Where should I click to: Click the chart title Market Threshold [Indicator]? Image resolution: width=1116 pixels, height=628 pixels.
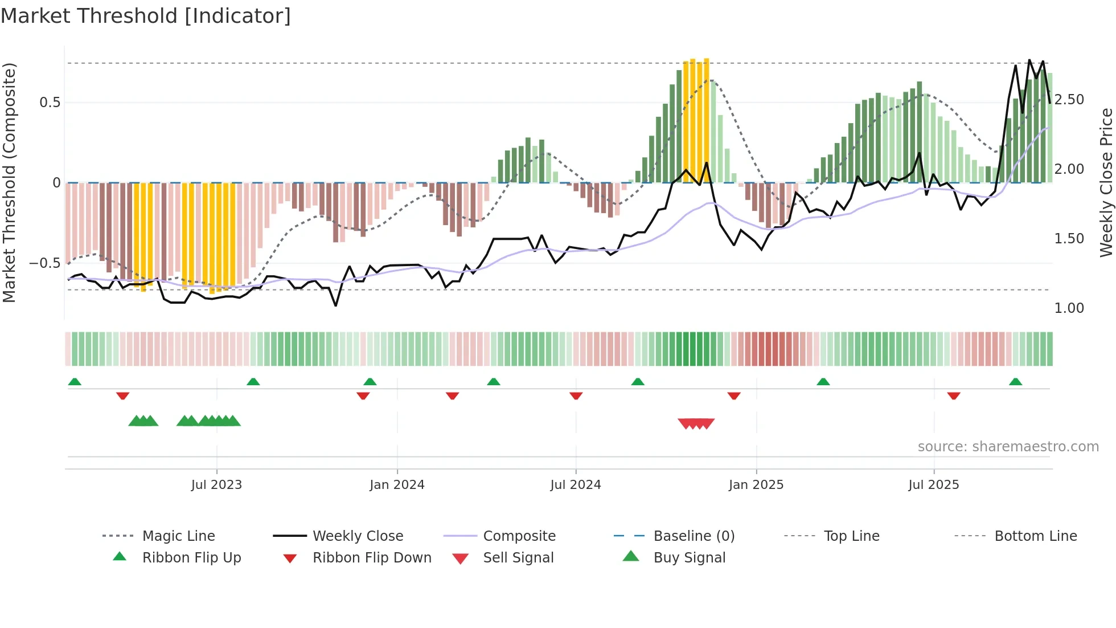point(146,16)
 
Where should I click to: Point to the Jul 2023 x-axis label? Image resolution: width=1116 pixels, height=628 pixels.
point(216,485)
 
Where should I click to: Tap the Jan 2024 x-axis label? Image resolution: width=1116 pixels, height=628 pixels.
point(397,485)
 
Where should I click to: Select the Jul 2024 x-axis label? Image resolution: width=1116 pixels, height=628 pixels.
point(576,485)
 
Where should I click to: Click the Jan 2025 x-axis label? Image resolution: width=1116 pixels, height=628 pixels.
point(756,485)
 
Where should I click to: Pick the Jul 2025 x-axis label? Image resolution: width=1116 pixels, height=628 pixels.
point(934,485)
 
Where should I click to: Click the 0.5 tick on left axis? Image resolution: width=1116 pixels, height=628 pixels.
point(50,103)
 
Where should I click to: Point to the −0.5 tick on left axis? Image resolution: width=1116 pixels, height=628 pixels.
point(45,263)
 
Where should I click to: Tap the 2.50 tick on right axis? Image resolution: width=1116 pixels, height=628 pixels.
point(1069,100)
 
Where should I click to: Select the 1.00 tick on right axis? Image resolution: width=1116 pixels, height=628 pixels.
point(1069,308)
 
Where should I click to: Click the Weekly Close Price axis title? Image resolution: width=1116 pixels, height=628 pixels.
point(1106,182)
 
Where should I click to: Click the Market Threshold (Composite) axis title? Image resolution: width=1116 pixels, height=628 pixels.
point(9,182)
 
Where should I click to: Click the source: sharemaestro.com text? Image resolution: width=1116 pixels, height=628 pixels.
point(1008,447)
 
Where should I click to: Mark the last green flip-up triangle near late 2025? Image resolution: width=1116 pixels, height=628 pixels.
point(1015,382)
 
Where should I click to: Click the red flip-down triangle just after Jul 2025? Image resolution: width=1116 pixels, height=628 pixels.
point(954,395)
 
